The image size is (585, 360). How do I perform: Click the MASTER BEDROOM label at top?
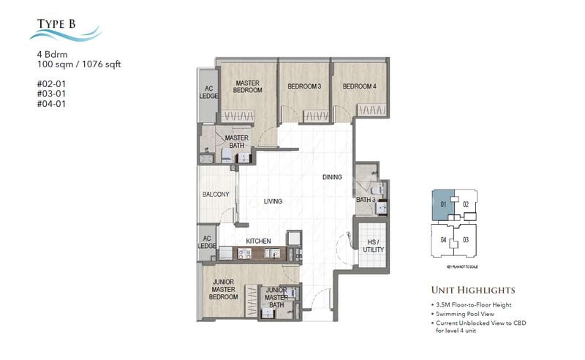[x=247, y=86]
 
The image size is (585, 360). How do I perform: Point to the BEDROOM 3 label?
[x=304, y=86]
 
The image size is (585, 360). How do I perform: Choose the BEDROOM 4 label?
[x=359, y=86]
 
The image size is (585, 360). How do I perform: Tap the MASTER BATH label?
[x=236, y=142]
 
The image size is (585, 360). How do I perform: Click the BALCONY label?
[x=216, y=195]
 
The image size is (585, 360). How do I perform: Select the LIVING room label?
[x=273, y=201]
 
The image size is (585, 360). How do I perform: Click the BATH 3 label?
[x=365, y=200]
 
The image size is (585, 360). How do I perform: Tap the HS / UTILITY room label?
[x=373, y=245]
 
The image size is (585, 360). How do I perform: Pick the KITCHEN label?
[x=259, y=241]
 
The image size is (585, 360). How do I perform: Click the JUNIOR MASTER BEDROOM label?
[x=224, y=289]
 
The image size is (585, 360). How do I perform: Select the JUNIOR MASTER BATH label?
[x=276, y=297]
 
